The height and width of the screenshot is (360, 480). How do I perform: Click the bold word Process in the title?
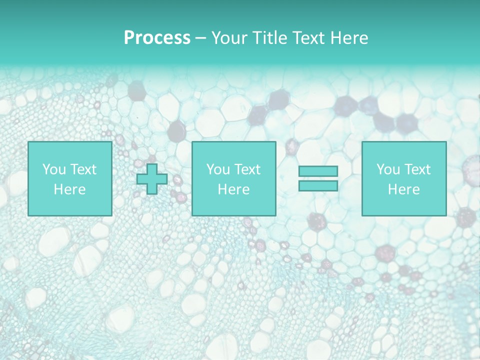157,38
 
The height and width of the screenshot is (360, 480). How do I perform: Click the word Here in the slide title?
349,38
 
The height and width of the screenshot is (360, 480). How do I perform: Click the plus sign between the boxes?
152,179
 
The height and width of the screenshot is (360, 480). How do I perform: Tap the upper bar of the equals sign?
318,171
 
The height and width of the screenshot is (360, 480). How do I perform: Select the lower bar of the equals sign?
318,186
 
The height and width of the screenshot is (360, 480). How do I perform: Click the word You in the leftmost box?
53,169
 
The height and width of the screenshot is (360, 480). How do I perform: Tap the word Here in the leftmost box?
69,189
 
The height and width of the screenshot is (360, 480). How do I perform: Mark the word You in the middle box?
217,169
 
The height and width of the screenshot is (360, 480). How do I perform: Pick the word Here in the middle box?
233,189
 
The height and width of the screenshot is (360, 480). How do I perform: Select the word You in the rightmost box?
387,169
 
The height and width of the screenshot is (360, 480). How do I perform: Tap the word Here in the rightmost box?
403,189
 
